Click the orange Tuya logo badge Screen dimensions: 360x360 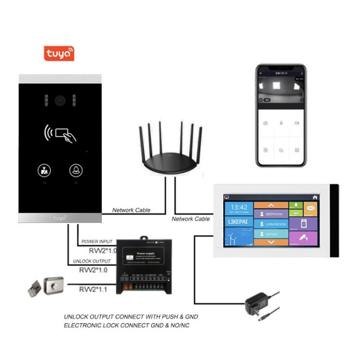[x=59, y=53]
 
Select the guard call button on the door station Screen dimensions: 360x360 [x=43, y=170]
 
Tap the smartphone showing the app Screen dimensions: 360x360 [x=280, y=115]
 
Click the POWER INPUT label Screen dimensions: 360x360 [x=96, y=241]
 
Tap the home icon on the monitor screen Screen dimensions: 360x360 [x=315, y=197]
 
